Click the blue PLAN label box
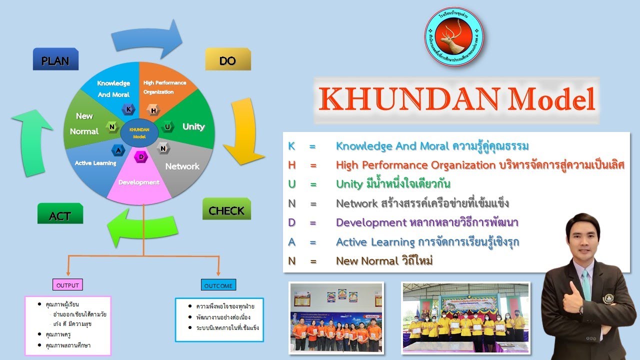tap(55, 59)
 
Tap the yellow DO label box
tap(228, 59)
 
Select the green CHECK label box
tap(226, 209)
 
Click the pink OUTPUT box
tap(67, 285)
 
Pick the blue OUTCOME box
tap(218, 285)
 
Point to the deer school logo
tap(454, 36)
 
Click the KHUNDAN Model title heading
tap(456, 99)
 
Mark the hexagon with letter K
tap(128, 109)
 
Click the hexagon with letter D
tap(141, 157)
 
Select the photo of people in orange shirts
tap(336, 317)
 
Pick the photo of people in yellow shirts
tap(465, 317)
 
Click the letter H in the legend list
tap(292, 165)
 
